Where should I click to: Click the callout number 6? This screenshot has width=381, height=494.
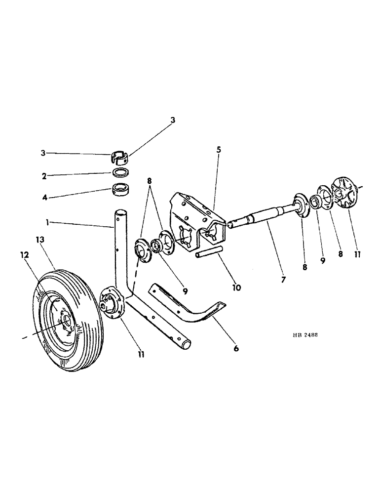(236, 348)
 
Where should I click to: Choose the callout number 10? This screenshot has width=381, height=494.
(236, 287)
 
